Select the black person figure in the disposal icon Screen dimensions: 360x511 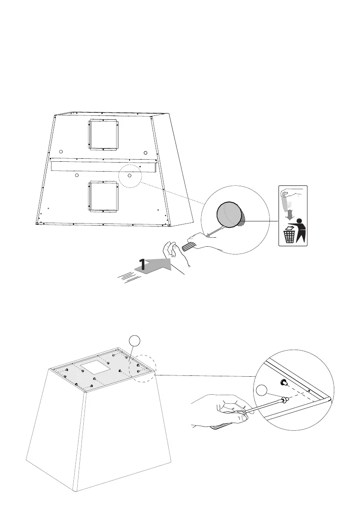point(301,229)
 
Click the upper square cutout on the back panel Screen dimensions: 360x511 point(103,135)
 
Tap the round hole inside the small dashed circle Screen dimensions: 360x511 point(129,175)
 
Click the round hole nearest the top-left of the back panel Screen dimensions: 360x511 point(61,152)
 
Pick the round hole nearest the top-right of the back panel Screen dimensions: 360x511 point(145,153)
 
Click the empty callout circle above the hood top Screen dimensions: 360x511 point(134,341)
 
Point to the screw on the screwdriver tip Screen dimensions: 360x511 point(283,400)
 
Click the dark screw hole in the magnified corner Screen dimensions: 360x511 point(283,382)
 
